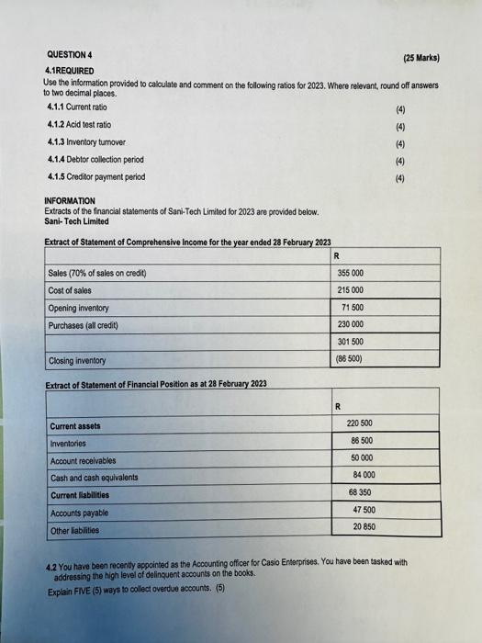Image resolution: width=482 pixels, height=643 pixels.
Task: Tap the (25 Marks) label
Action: point(421,57)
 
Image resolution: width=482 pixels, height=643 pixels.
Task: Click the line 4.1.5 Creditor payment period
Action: point(95,176)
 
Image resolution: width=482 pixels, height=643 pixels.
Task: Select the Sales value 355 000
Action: point(352,273)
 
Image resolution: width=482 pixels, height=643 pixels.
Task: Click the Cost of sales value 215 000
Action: point(352,290)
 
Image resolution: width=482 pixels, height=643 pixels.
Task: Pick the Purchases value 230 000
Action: point(352,324)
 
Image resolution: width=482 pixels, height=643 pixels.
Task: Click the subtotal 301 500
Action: point(352,343)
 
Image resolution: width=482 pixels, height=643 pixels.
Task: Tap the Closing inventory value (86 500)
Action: point(352,360)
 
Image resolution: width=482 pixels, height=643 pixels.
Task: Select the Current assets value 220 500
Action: point(360,423)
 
